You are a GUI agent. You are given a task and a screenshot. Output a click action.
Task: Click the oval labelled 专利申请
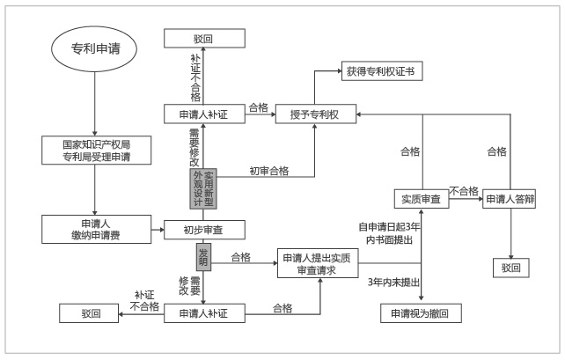[94, 48]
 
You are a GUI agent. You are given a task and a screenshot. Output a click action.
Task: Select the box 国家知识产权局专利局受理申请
[96, 151]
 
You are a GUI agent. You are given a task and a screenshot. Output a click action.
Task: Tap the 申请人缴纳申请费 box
[96, 229]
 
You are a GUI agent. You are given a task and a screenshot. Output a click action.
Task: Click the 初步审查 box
[204, 230]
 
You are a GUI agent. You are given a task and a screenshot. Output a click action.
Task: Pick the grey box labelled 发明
[203, 257]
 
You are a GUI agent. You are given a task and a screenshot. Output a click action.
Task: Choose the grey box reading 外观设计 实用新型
[203, 189]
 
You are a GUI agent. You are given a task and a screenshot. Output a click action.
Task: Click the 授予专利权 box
[316, 114]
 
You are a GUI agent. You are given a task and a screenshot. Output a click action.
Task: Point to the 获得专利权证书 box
[382, 71]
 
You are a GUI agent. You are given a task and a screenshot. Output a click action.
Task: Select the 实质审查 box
[422, 199]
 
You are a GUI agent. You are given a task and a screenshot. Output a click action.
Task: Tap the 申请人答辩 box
[510, 199]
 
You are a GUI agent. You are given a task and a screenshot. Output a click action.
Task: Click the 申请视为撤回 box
[421, 313]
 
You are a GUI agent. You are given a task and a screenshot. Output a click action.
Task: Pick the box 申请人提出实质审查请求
[318, 263]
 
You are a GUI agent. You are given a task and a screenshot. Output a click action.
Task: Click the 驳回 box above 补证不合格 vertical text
[204, 38]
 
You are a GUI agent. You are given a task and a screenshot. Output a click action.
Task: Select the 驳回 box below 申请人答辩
[511, 268]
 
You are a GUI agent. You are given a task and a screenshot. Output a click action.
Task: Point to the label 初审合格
[269, 171]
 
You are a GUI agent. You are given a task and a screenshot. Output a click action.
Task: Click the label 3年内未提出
[394, 283]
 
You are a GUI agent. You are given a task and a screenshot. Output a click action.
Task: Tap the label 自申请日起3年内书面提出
[389, 233]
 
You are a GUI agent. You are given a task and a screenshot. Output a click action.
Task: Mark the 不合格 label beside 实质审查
[464, 191]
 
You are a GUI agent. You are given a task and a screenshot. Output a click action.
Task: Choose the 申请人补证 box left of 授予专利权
[204, 114]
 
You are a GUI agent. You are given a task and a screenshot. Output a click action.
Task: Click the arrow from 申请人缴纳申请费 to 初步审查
[158, 230]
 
